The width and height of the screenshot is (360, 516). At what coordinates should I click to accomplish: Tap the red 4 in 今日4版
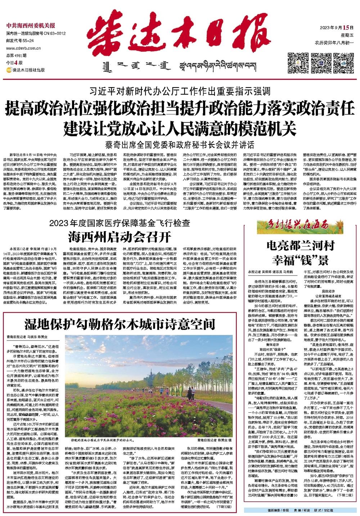(15, 62)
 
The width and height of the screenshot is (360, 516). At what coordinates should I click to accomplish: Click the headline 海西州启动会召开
(120, 237)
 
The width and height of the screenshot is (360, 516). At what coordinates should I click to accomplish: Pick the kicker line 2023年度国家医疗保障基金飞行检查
(120, 223)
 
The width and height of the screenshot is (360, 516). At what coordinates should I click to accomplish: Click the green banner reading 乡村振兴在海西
(292, 226)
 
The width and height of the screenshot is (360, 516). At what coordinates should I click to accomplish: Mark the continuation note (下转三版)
(225, 506)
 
